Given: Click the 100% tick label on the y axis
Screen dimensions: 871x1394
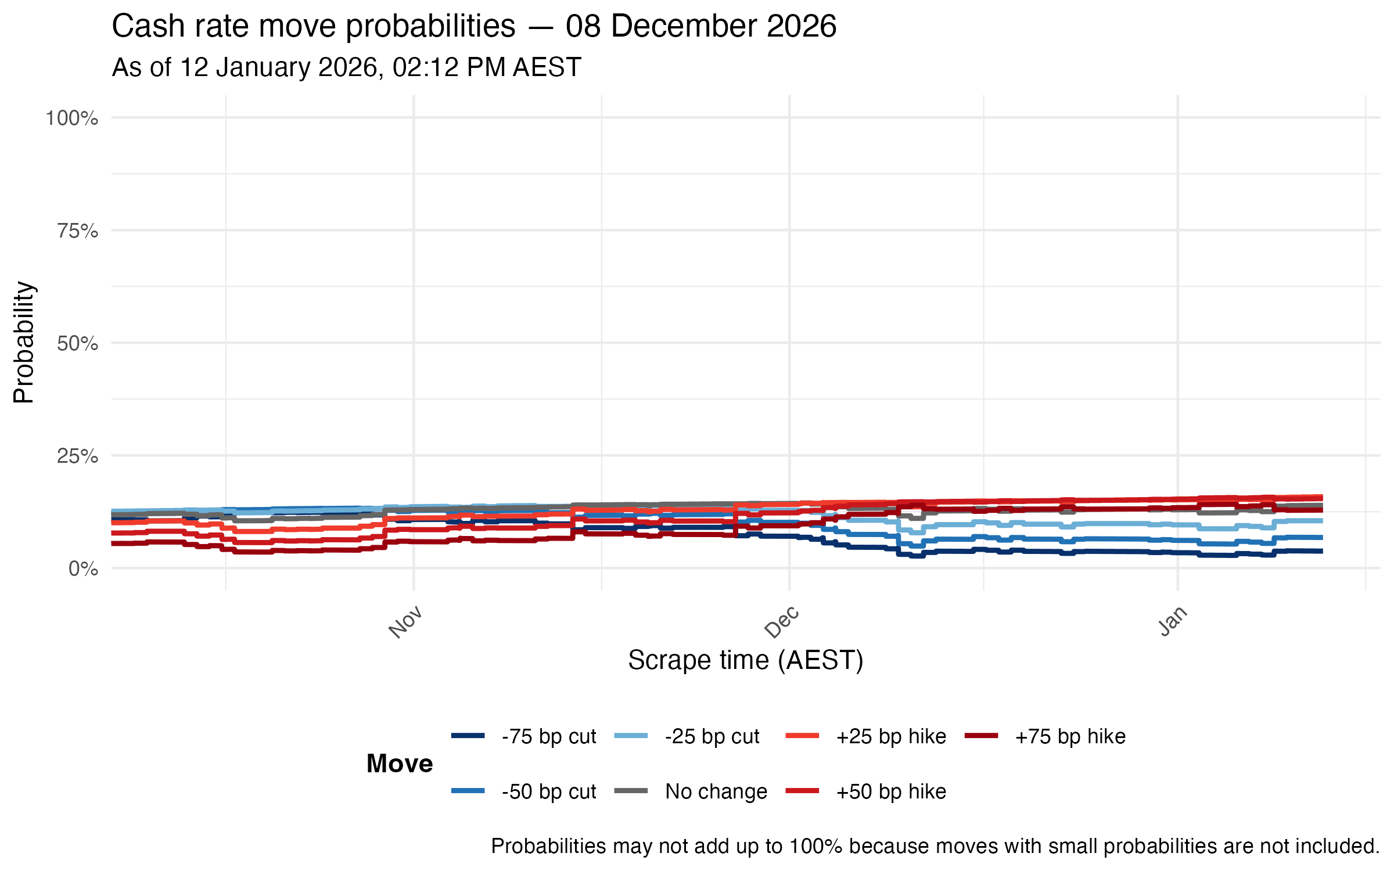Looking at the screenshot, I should point(72,118).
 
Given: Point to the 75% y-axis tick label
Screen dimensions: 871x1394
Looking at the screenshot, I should point(77,231).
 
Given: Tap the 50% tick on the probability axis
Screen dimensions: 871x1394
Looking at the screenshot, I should point(77,344).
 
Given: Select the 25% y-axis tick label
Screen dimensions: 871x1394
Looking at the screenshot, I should point(77,456).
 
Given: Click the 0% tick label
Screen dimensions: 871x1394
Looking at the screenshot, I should point(83,569).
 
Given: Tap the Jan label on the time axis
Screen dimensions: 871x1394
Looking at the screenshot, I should point(1173,621).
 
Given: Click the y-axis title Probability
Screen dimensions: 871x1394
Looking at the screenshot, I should point(24,343).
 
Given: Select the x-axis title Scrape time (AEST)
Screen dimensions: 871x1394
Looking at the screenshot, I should point(745,661).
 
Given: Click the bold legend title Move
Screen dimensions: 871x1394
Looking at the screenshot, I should point(400,764).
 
